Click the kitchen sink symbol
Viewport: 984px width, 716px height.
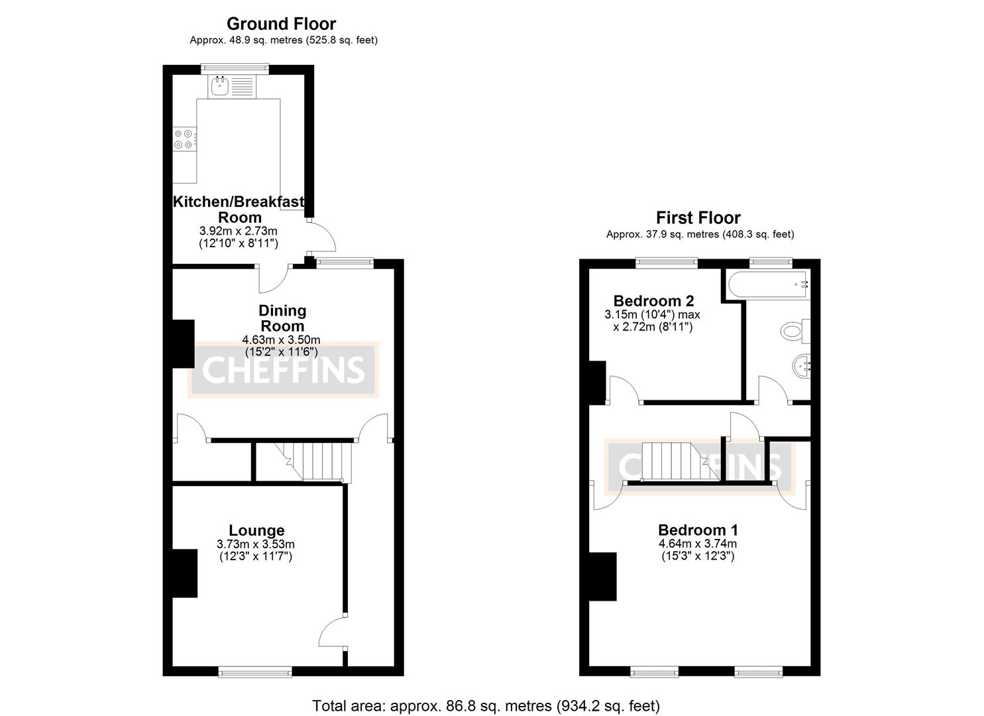point(219,85)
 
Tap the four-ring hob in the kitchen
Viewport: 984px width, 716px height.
point(184,139)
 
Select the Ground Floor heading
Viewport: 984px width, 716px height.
point(281,24)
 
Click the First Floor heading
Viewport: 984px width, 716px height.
point(698,217)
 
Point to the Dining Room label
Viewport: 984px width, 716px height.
point(282,318)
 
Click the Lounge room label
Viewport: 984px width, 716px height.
point(256,530)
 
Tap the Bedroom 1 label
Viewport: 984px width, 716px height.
point(698,530)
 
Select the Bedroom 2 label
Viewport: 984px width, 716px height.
point(653,301)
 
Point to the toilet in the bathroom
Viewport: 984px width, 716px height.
point(794,330)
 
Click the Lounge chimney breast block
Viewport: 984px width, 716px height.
point(185,573)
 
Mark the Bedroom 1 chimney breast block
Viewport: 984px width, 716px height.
point(603,576)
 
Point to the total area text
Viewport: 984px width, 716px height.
point(486,705)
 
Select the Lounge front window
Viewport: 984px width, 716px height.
point(255,672)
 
